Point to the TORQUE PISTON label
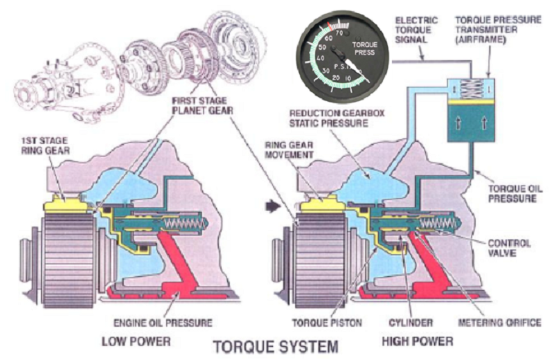(324, 322)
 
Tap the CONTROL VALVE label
(510, 248)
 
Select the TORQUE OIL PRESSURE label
(512, 192)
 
